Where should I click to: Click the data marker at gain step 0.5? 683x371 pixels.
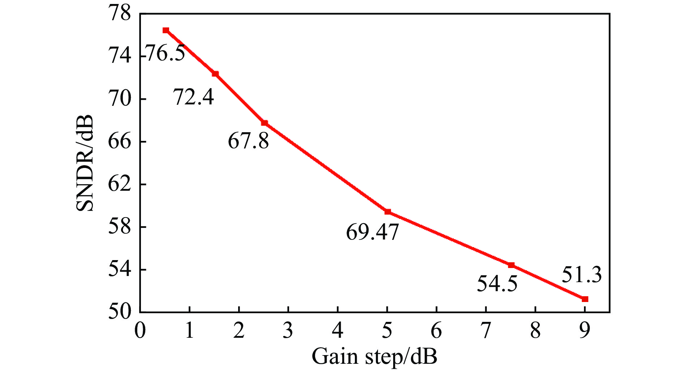(x=166, y=30)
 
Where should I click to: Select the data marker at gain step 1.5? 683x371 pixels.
(x=215, y=74)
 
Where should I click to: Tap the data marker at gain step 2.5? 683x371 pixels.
(x=265, y=123)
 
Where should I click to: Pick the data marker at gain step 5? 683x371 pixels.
(x=388, y=212)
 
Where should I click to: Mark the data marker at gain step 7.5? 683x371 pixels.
(x=511, y=265)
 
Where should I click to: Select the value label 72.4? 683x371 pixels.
(x=194, y=97)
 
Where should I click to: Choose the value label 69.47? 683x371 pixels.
(x=372, y=232)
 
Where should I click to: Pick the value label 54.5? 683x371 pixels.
(x=497, y=284)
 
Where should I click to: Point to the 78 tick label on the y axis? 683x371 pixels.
(x=120, y=14)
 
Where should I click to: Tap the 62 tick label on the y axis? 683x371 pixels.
(x=120, y=185)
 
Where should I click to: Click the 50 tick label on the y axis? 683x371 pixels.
(x=120, y=312)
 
